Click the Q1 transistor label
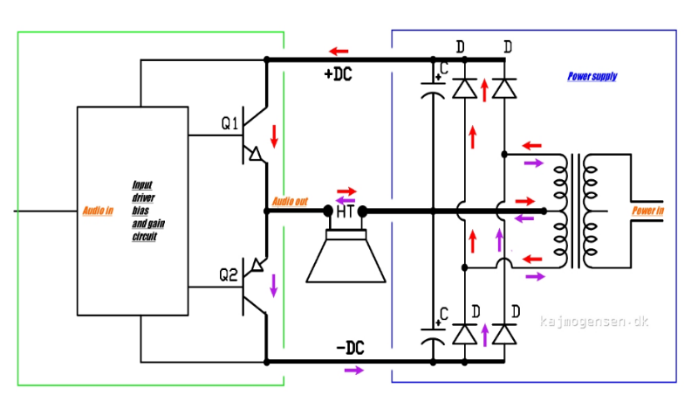pos(229,123)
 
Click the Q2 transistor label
pos(229,275)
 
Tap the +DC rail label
pos(339,74)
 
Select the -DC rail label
pos(350,348)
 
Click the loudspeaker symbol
pos(346,256)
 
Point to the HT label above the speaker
pos(346,211)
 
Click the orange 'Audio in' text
pos(98,211)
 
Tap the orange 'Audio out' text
pos(290,202)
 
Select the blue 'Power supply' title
pos(592,76)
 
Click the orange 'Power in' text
pos(647,211)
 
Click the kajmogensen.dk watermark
pos(594,322)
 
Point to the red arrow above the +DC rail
pos(339,52)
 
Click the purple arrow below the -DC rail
pos(354,370)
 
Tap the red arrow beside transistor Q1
pos(274,136)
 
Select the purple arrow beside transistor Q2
pos(274,286)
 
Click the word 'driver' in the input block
pos(143,198)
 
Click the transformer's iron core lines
pos(576,211)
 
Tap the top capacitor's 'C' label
pos(444,68)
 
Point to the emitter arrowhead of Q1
pos(256,154)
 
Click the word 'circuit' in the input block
pos(144,236)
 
